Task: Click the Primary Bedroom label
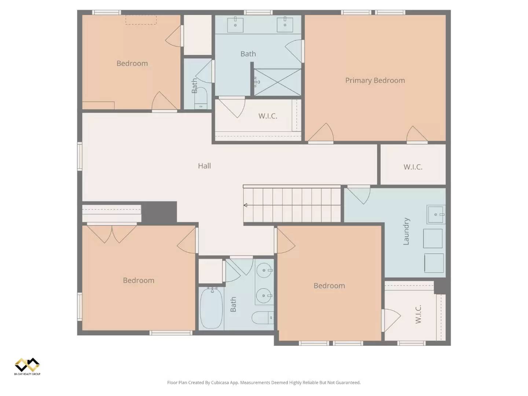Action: pyautogui.click(x=375, y=81)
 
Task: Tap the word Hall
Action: pyautogui.click(x=204, y=166)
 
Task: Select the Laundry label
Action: pyautogui.click(x=406, y=231)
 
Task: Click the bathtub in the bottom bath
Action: pyautogui.click(x=211, y=308)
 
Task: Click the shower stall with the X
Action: pyautogui.click(x=278, y=82)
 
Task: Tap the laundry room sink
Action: pyautogui.click(x=436, y=214)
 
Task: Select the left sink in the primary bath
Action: pyautogui.click(x=235, y=25)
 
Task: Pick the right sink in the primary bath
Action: pyautogui.click(x=285, y=24)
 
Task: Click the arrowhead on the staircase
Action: pyautogui.click(x=245, y=205)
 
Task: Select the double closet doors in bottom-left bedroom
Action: pyautogui.click(x=112, y=234)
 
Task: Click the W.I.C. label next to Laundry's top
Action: pyautogui.click(x=413, y=167)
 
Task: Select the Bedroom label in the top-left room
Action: pyautogui.click(x=132, y=63)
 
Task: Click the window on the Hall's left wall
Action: pyautogui.click(x=80, y=157)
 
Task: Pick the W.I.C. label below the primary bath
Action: pyautogui.click(x=268, y=116)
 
